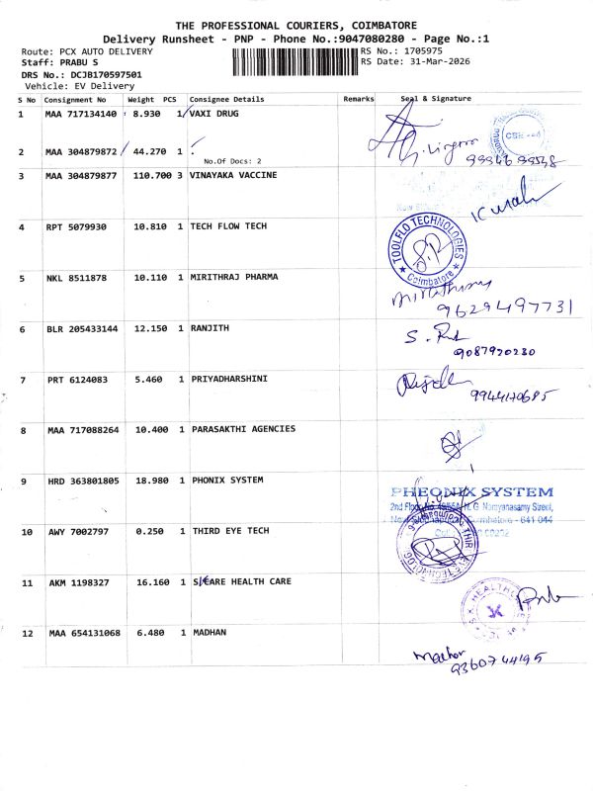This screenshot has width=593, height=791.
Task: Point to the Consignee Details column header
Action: point(226,100)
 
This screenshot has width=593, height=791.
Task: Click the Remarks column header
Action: point(358,100)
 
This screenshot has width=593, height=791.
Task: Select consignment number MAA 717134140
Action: point(81,115)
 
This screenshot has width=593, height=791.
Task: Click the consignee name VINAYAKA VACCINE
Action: point(233,175)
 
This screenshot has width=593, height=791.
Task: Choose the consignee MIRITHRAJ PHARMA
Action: point(233,277)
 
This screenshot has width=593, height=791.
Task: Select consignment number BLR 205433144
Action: point(81,328)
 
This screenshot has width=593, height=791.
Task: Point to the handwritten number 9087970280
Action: point(493,352)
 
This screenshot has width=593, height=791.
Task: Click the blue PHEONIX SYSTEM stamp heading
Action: point(472,491)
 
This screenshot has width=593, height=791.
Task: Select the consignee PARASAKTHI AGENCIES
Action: point(242,429)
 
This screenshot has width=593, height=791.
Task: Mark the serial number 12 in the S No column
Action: point(27,633)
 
